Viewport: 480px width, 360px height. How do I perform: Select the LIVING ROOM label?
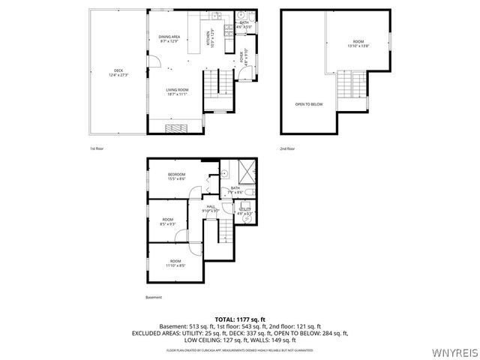point(177,91)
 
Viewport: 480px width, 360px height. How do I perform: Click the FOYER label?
point(241,55)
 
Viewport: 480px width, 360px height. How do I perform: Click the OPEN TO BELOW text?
point(308,104)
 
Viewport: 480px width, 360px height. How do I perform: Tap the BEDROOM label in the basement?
point(176,176)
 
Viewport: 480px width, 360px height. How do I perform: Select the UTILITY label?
point(244,211)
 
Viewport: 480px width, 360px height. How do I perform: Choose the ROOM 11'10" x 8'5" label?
point(175,262)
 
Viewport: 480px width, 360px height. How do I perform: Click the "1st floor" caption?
point(97,148)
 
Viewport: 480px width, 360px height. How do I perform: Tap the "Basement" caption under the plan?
point(154,298)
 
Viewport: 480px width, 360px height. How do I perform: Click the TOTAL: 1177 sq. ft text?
point(240,319)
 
